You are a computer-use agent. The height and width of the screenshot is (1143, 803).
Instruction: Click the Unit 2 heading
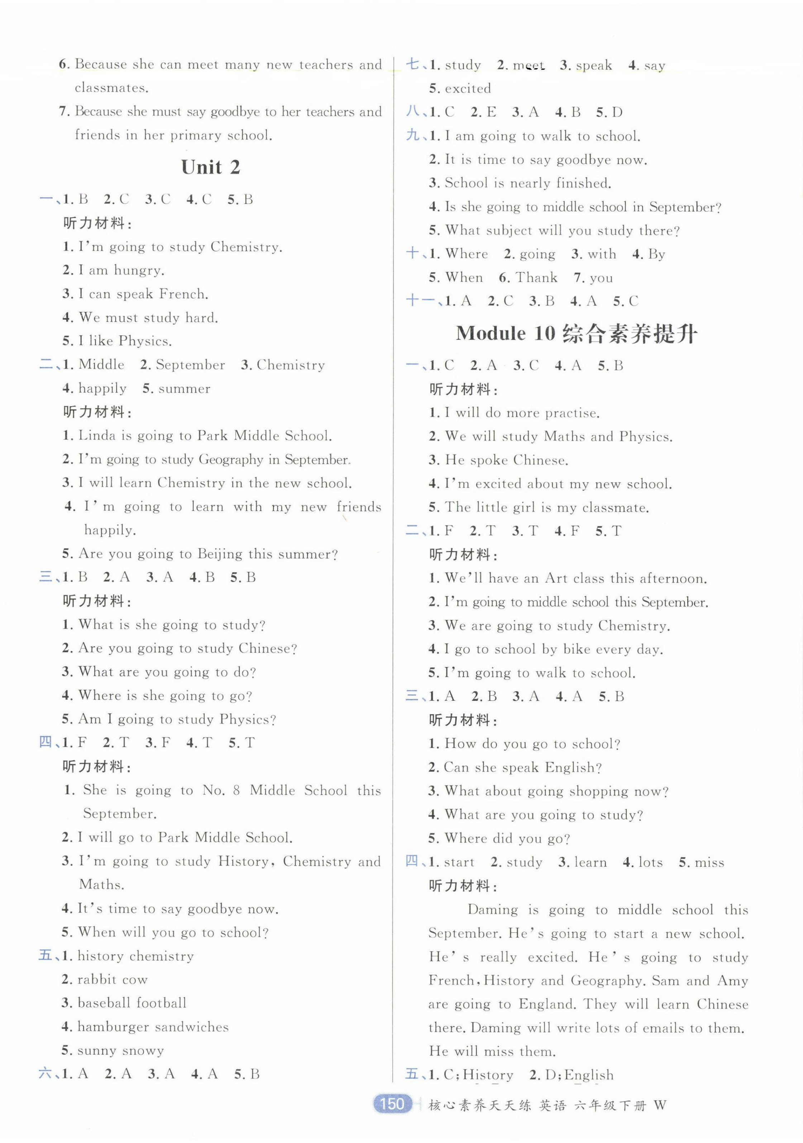pos(211,167)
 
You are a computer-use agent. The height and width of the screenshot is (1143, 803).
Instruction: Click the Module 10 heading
pos(577,334)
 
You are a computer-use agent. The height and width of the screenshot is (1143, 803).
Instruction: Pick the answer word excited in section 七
pos(468,89)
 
